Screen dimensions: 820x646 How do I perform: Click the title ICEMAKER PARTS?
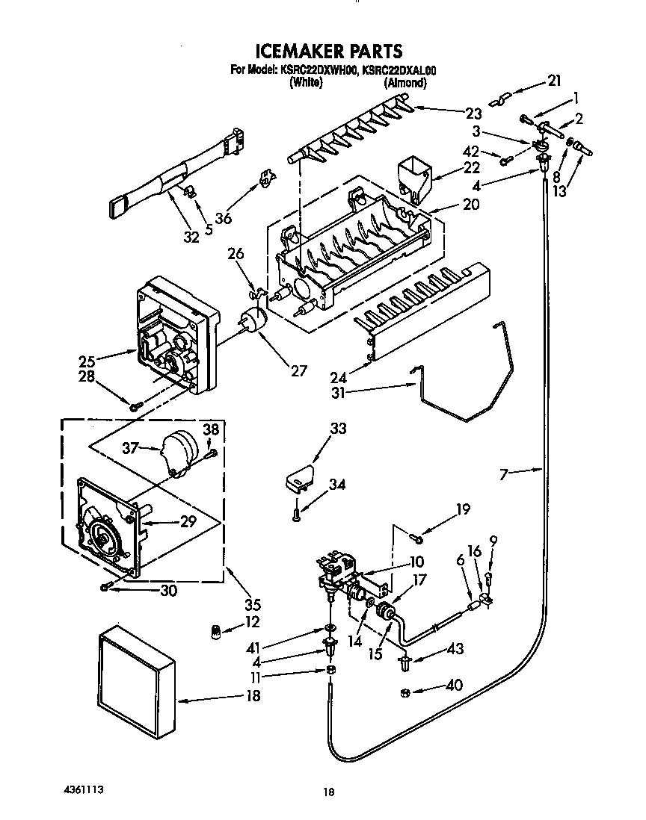click(329, 51)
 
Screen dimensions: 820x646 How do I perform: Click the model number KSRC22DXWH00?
click(316, 71)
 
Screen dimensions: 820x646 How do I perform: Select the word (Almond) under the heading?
click(404, 84)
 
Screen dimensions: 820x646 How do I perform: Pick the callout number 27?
click(299, 370)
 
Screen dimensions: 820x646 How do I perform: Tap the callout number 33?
click(338, 429)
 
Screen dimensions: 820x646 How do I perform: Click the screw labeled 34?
click(296, 513)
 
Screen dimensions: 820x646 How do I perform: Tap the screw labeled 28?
click(135, 406)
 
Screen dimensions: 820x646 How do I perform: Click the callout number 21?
click(553, 81)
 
